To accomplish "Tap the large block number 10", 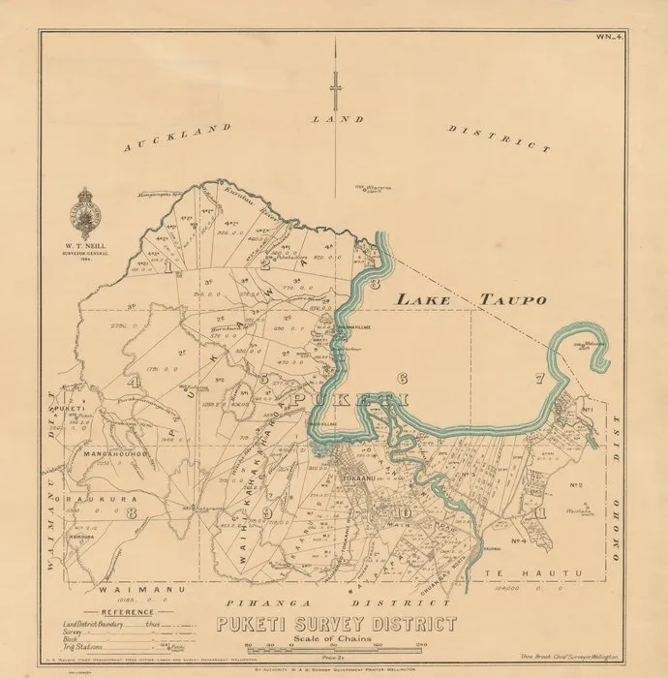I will pos(402,512).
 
